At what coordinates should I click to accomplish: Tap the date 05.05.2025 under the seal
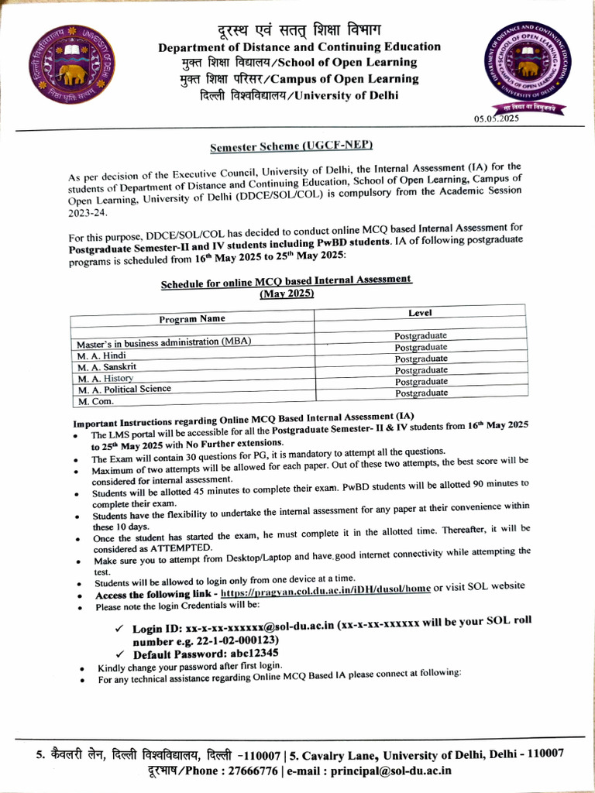(496, 118)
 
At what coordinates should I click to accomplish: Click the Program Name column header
(192, 318)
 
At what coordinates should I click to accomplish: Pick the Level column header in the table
(420, 313)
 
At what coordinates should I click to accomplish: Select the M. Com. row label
(95, 402)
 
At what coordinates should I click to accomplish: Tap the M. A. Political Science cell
(124, 389)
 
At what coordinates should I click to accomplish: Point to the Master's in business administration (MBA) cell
(163, 342)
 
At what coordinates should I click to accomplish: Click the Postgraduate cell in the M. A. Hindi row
(421, 348)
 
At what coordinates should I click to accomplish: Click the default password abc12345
(239, 654)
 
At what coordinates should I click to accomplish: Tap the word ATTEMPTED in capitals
(179, 548)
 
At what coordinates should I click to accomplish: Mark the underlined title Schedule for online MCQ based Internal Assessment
(286, 283)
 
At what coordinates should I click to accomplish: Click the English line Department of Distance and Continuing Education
(299, 47)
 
